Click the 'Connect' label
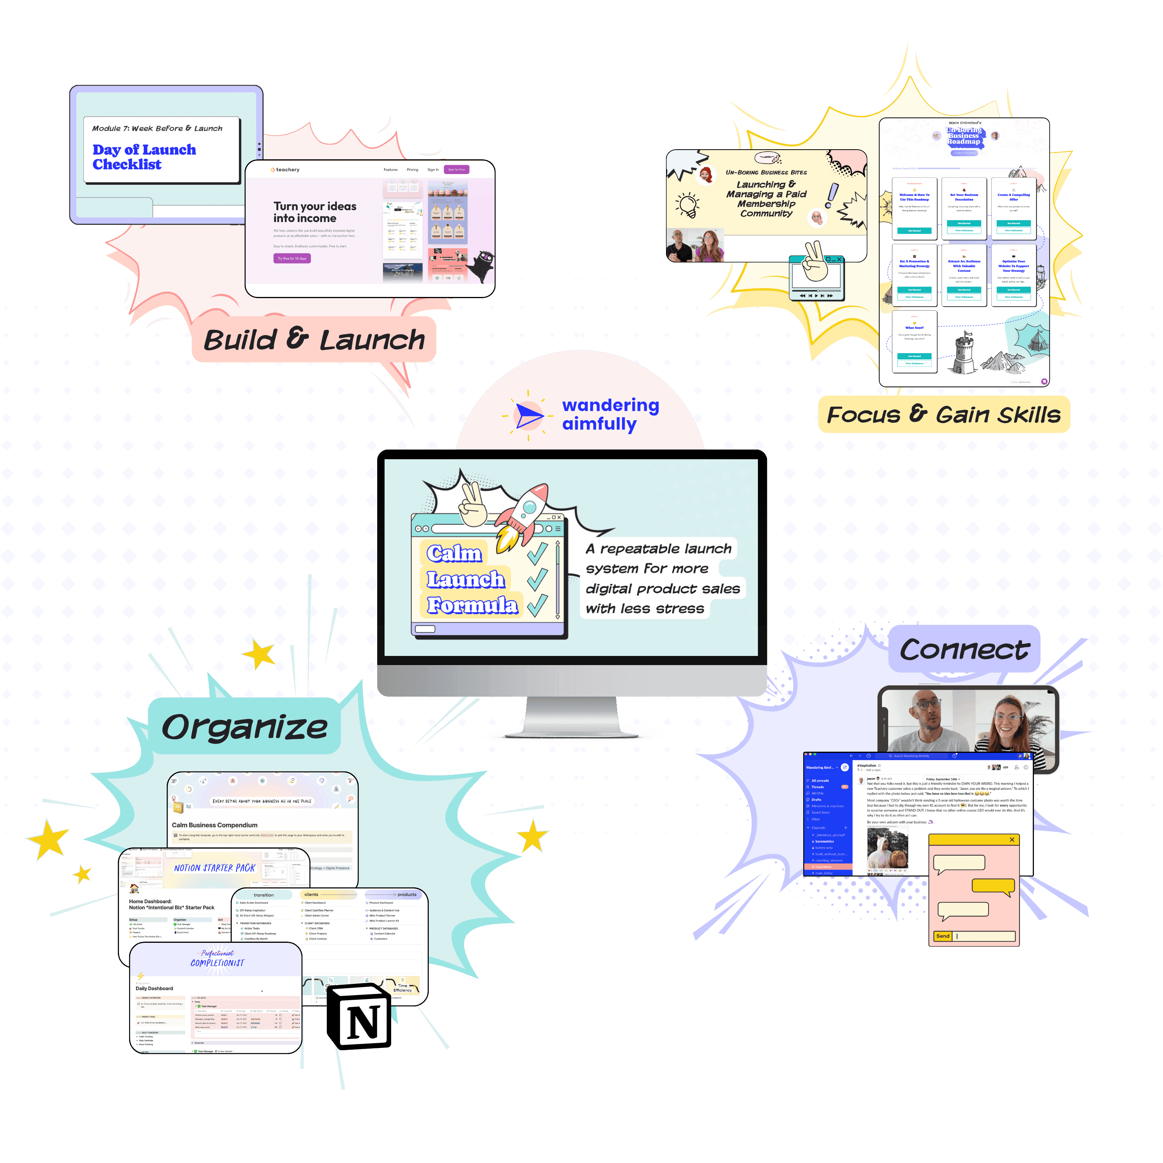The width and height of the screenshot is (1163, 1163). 964,649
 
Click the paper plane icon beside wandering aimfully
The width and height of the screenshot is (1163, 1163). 528,415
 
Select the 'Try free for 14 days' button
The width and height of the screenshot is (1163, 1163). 292,258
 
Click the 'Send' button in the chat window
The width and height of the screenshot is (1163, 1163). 943,936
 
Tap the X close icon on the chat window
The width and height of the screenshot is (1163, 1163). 1012,840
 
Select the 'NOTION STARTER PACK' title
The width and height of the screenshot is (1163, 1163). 214,868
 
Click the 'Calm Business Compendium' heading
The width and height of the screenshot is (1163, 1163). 214,825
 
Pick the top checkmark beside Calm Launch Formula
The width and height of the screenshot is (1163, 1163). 537,552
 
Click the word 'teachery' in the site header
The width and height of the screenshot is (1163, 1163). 288,170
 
